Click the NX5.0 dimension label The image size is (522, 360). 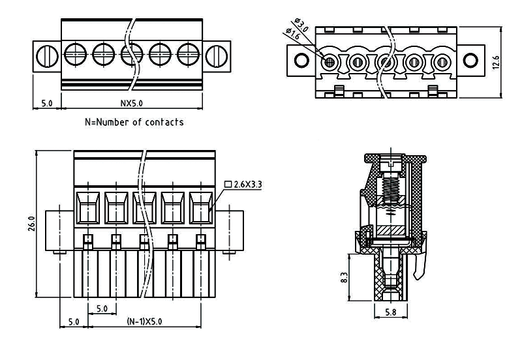131,103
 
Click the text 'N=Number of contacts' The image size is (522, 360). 134,122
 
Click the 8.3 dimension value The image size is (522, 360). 344,277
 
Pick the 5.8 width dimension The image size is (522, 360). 391,312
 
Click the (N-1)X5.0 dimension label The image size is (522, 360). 144,322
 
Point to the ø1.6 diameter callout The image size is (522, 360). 293,36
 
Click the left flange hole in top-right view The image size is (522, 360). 301,61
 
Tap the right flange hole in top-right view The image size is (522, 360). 470,61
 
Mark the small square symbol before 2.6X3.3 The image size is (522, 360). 227,185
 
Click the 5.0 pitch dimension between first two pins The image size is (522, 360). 102,308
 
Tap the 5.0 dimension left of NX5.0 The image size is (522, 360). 46,103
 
